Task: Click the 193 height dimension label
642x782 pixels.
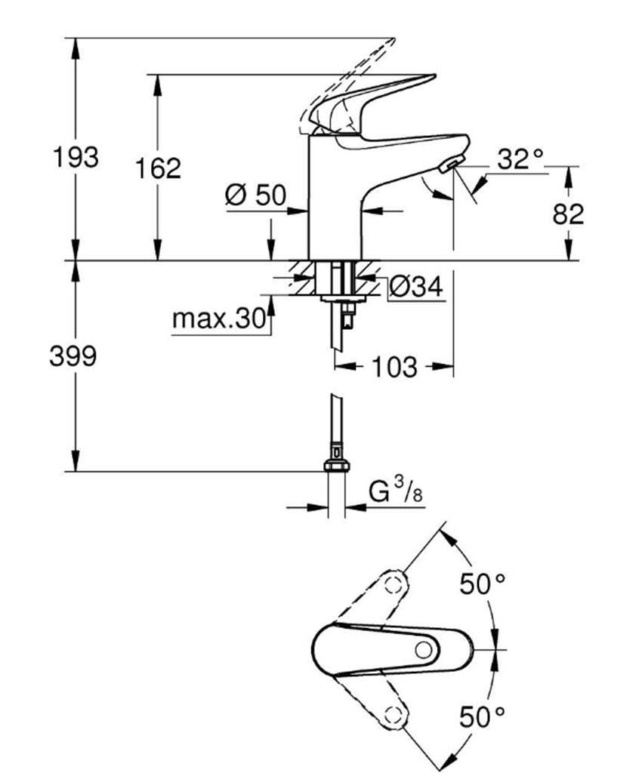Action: (x=75, y=159)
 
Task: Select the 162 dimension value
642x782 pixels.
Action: (x=158, y=168)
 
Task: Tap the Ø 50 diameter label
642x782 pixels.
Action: (x=255, y=195)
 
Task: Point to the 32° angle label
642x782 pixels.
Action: (x=520, y=159)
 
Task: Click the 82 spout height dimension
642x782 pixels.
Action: (x=568, y=214)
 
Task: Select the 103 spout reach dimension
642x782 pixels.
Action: (x=394, y=368)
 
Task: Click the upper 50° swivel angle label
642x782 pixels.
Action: (x=483, y=583)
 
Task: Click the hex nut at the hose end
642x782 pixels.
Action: (x=336, y=466)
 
